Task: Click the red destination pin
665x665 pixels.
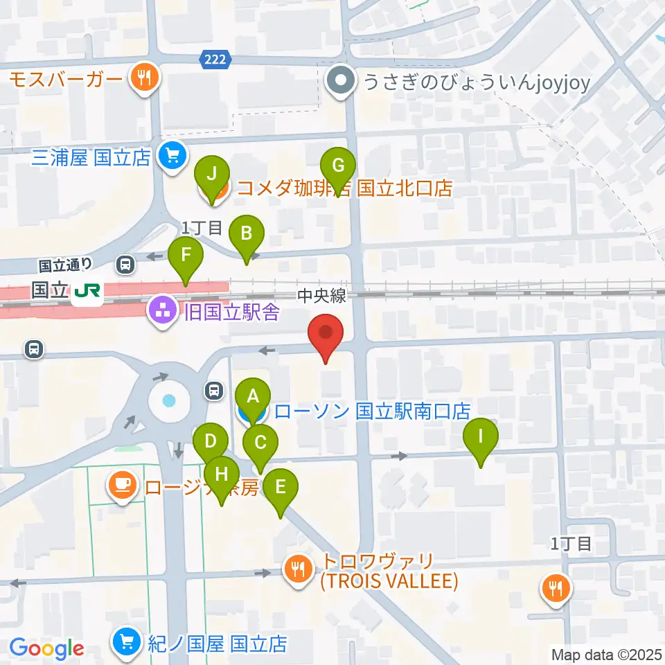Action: [326, 333]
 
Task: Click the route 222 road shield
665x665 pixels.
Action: [215, 60]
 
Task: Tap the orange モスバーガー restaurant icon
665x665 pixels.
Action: [145, 78]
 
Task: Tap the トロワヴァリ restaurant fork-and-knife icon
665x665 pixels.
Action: [300, 570]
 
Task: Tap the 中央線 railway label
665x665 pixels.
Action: [321, 296]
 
